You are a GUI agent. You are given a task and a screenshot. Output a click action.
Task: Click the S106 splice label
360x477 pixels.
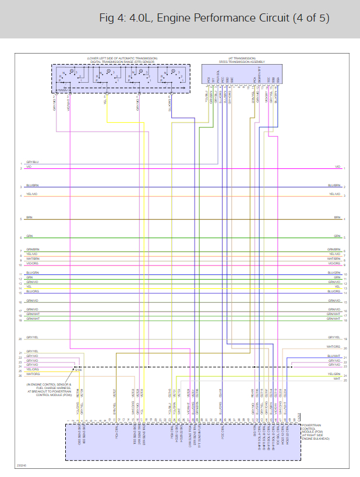(79, 369)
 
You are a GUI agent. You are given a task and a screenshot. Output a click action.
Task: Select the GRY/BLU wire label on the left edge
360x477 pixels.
(32, 162)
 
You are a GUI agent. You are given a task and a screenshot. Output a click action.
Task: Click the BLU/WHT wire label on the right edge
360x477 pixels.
(333, 355)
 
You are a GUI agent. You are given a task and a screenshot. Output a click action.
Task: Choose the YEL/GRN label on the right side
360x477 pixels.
(333, 373)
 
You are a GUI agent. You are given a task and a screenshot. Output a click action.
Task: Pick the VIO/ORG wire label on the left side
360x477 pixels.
(33, 263)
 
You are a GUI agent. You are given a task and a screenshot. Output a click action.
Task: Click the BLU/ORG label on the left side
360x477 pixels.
(33, 291)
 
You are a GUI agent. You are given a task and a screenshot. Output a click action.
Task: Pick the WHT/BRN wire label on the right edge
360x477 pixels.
(333, 259)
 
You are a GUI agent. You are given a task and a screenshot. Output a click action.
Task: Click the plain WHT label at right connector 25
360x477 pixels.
(336, 379)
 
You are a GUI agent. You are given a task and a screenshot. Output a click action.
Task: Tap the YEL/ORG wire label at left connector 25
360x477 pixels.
(33, 370)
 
